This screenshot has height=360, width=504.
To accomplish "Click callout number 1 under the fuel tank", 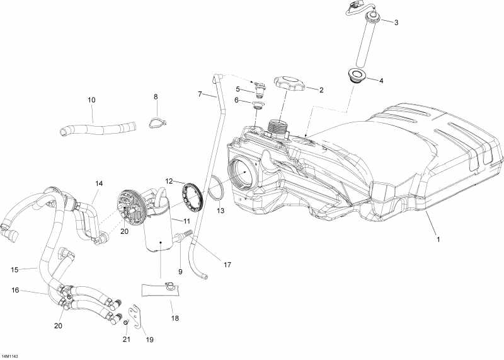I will point(437,240).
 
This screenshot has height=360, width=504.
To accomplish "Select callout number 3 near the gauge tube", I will point(396,23).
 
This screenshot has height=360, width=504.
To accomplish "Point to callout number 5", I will point(238,89).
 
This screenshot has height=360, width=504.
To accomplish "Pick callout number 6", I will point(238,100).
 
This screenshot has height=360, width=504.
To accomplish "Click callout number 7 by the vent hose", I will point(200,95).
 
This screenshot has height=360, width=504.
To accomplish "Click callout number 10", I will point(92,100).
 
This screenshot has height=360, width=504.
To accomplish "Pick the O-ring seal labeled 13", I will point(216,187).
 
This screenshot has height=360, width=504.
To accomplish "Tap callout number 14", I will point(99,183).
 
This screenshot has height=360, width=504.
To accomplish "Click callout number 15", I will point(14,269).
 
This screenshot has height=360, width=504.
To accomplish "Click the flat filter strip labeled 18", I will point(159,290).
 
